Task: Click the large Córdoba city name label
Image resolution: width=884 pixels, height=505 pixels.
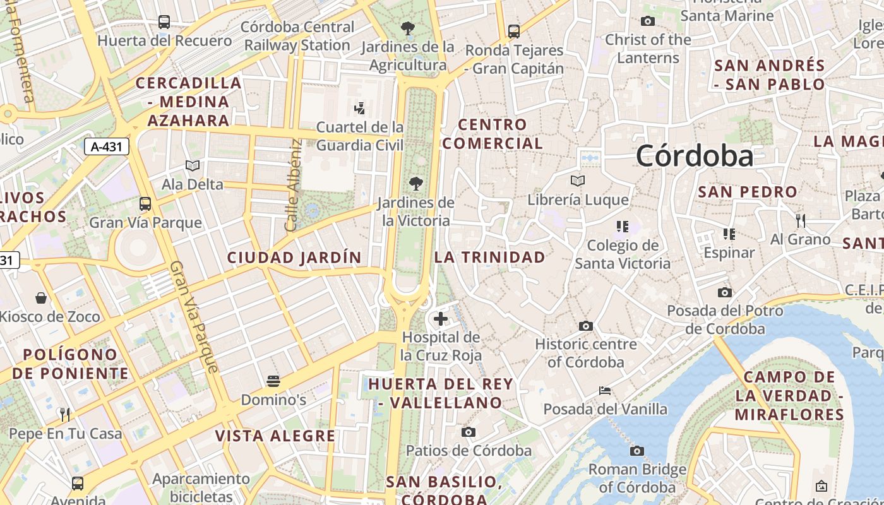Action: pos(695,156)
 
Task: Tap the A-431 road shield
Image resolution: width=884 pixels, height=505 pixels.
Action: pos(107,147)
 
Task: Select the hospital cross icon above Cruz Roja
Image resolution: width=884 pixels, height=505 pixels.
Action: pos(441,319)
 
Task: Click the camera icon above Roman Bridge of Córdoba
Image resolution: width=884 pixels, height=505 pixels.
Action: pos(637,451)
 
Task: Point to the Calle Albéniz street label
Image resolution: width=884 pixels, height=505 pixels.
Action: pos(292,185)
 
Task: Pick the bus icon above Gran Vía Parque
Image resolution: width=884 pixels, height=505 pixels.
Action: pos(145,204)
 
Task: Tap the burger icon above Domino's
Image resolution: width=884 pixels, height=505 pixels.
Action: pos(273,381)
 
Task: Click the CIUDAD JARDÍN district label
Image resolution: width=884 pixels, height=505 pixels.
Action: pos(294,258)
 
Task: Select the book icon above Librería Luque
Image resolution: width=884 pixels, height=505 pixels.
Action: pos(578,181)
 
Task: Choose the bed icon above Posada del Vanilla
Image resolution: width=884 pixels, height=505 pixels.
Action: pos(605,391)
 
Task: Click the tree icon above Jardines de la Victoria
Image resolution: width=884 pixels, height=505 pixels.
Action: pos(415,184)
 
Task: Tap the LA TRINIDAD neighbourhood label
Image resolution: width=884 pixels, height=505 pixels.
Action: pos(489,258)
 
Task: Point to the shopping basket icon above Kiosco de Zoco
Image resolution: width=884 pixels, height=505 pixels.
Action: pos(41,297)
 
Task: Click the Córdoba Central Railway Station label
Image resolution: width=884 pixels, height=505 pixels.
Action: pos(297,36)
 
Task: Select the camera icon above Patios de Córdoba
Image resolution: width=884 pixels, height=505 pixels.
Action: pos(468,432)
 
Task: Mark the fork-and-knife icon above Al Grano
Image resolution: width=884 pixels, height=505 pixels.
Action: pos(801,220)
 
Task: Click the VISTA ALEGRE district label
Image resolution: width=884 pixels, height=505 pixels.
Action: pos(275,436)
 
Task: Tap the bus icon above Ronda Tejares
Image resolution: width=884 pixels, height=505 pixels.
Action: pos(514,31)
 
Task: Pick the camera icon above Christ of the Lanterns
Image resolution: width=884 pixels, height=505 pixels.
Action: pos(647,21)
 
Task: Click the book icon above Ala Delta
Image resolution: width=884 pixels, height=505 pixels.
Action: pos(193,165)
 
